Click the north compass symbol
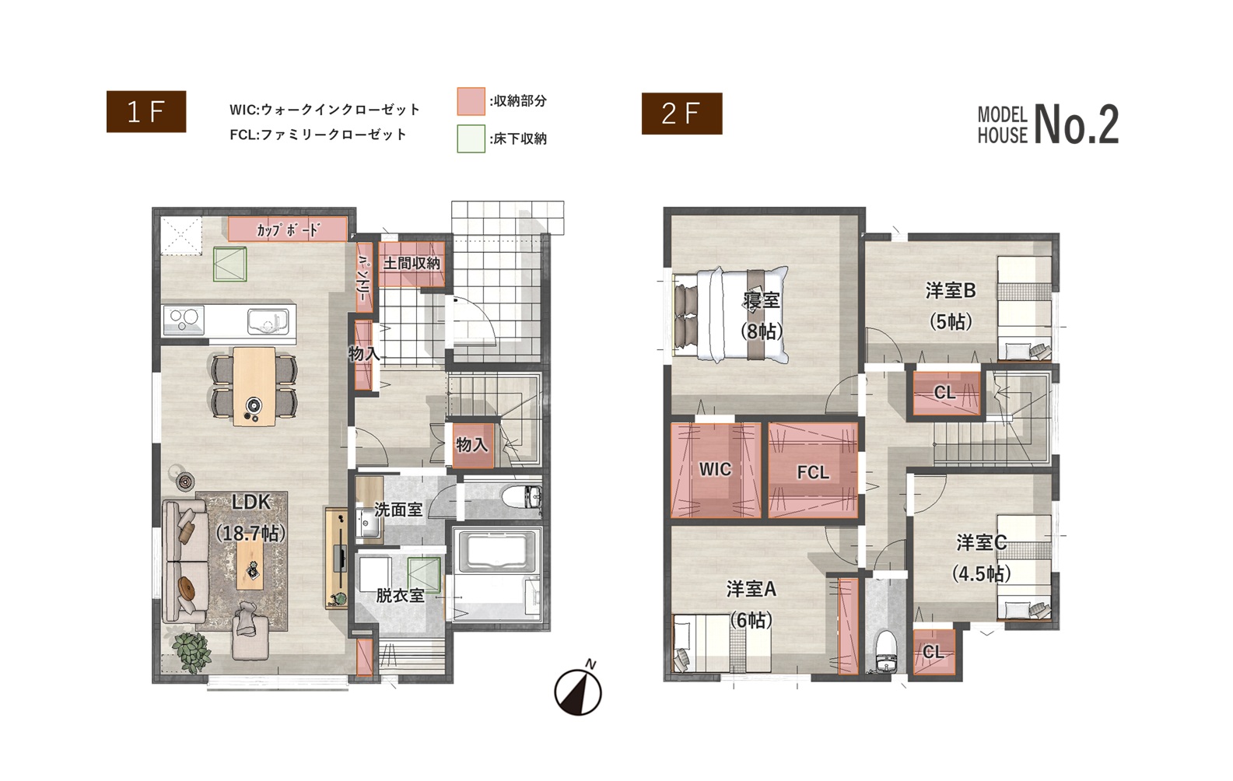(578, 691)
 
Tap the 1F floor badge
(146, 112)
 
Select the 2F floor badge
(681, 114)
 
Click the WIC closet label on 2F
(715, 469)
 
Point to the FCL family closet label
(812, 472)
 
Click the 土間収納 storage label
(412, 263)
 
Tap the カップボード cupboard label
(287, 229)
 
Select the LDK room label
(251, 502)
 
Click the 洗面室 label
(398, 510)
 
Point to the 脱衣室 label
(400, 596)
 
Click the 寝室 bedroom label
(762, 300)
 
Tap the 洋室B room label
(951, 291)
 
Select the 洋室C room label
(982, 543)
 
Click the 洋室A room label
(751, 590)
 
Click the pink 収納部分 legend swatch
(471, 101)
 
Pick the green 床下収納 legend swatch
(471, 138)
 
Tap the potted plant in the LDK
(191, 652)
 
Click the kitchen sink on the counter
(268, 320)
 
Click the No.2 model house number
(1077, 125)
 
